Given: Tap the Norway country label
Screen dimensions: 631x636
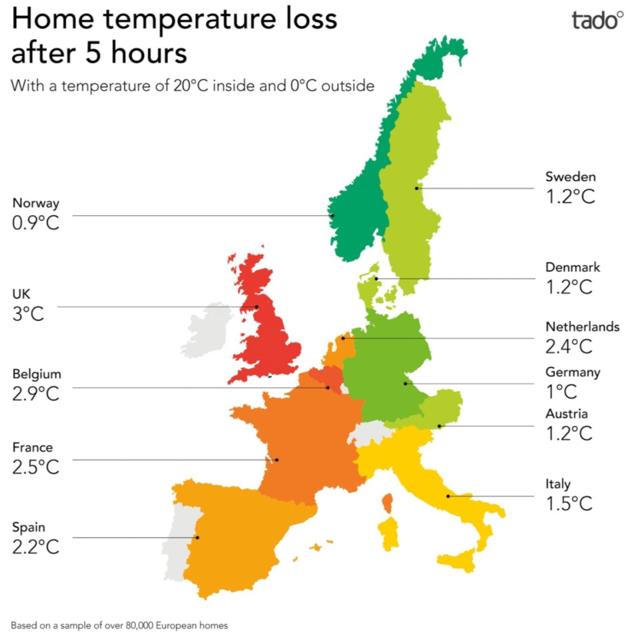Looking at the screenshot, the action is tap(36, 203).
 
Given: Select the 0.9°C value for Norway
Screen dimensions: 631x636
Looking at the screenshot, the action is tap(36, 223).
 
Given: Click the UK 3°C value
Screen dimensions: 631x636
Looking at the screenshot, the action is tap(28, 314).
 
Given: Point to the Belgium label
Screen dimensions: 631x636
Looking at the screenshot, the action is tap(37, 374).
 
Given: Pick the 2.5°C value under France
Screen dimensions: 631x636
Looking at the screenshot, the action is tap(36, 467).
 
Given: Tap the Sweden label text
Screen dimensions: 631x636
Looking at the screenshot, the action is tap(571, 177).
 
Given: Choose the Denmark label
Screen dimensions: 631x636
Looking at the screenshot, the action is tap(573, 267).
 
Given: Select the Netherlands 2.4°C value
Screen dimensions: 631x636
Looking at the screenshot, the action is tap(569, 347).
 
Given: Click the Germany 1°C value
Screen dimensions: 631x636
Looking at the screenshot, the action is tap(561, 392).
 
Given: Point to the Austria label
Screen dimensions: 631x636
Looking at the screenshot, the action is tap(567, 414).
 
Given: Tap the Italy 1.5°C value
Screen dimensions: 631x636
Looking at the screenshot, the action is tap(569, 504).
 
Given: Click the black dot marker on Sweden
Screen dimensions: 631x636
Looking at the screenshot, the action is tap(417, 188).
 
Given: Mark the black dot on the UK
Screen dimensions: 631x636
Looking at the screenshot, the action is tap(256, 307).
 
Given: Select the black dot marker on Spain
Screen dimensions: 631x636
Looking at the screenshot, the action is tap(197, 537).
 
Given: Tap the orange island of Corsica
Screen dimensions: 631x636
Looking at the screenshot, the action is tap(388, 503).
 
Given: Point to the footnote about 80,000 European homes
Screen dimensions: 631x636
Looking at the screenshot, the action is tap(119, 625).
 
